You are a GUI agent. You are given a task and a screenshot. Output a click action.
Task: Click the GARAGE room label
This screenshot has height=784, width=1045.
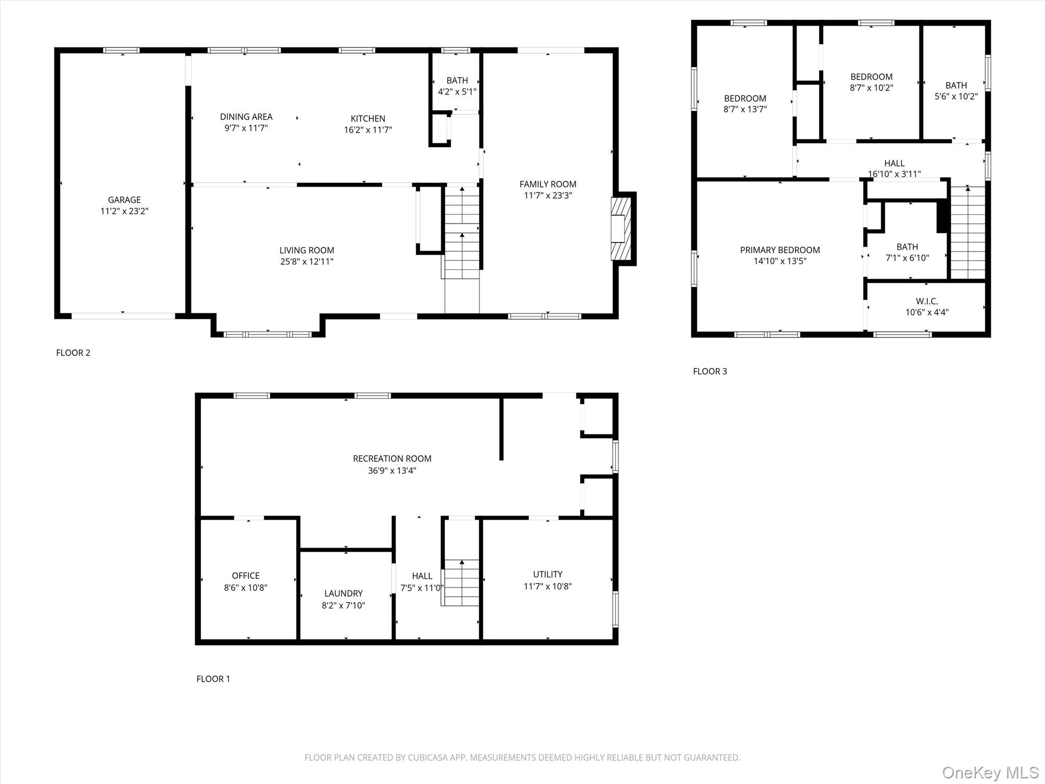pos(124,200)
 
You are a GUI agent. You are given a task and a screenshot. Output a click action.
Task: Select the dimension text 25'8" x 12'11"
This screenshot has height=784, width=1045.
pos(307,262)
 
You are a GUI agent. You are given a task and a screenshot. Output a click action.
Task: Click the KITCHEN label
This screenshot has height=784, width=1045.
pos(367,118)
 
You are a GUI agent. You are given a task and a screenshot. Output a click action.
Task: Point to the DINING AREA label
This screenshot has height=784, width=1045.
pos(246,117)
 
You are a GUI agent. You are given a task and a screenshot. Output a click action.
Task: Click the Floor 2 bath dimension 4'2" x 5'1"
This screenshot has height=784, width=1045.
pos(457,92)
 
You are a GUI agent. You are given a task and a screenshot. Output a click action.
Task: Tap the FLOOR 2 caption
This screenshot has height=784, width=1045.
pos(73,353)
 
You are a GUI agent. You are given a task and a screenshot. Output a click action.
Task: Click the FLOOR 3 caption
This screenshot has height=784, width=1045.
pos(710,371)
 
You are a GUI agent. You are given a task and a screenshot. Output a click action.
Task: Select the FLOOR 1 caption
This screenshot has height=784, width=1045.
pos(213,679)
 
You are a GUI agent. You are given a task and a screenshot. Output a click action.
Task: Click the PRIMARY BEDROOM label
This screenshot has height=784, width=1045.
pos(780,250)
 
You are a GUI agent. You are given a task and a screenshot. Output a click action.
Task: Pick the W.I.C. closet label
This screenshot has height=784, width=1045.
pos(927,301)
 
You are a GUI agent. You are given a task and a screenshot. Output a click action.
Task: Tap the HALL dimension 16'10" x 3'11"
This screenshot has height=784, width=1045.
pos(894,174)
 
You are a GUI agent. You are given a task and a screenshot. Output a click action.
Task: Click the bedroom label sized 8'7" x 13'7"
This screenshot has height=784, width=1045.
pos(745,99)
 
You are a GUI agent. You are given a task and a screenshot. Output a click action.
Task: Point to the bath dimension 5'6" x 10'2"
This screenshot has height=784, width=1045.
pos(956,96)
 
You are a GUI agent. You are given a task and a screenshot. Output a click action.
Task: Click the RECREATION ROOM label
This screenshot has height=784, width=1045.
pos(392,459)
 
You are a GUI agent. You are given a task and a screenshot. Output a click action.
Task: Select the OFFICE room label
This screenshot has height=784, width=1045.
pos(245,576)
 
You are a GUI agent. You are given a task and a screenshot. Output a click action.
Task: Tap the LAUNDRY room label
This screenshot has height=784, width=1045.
pos(343,594)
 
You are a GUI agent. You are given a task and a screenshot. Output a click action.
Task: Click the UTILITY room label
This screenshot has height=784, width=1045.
pos(548,575)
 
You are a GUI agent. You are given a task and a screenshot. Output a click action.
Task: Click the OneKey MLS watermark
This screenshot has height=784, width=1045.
pos(990,772)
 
